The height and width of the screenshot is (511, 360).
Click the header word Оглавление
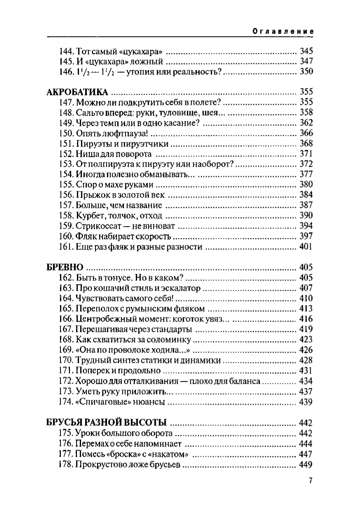pos(283,31)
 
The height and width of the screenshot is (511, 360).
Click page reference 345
pos(306,52)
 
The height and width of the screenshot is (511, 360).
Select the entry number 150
pos(66,133)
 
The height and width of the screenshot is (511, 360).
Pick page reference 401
pos(306,247)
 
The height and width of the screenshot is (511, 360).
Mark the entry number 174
pos(66,402)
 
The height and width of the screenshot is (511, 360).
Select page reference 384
pos(306,195)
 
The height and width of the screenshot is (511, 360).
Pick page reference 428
pos(306,361)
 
